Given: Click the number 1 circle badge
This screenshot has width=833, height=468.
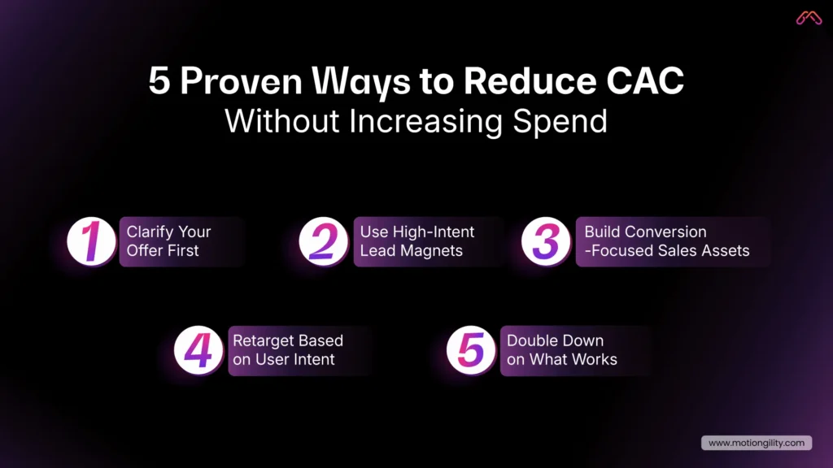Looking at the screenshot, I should click(91, 241).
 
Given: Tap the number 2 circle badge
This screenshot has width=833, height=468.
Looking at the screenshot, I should click(323, 241).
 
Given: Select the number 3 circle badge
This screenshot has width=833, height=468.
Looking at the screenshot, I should click(546, 241).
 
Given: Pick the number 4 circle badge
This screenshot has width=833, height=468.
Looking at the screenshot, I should click(198, 350).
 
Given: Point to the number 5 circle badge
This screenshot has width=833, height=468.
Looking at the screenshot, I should click(471, 350).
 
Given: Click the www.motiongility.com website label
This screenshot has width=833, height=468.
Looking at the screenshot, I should click(756, 443).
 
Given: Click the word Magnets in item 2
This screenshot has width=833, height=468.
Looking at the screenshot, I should click(433, 251).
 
